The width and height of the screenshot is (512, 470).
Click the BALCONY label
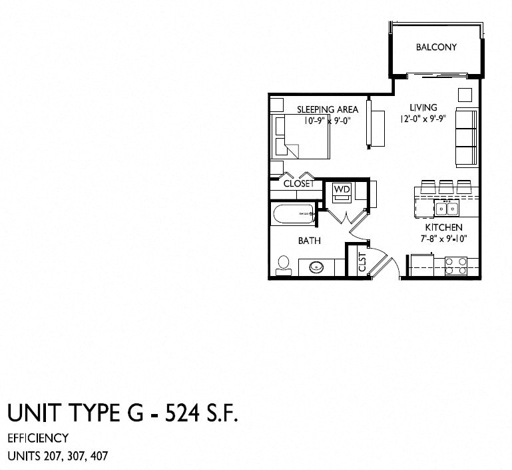(435, 47)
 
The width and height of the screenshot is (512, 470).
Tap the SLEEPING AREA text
(328, 109)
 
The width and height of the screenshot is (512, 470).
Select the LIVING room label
(423, 107)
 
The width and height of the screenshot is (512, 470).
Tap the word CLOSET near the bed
(298, 184)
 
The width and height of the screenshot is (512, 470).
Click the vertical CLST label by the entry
(362, 261)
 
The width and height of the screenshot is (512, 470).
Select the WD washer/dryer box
(342, 190)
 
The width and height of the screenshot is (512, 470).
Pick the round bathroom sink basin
(317, 268)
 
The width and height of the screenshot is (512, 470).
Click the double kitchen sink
(445, 208)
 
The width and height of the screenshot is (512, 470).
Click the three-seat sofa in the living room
(466, 138)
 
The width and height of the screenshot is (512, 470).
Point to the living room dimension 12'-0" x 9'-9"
(423, 118)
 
